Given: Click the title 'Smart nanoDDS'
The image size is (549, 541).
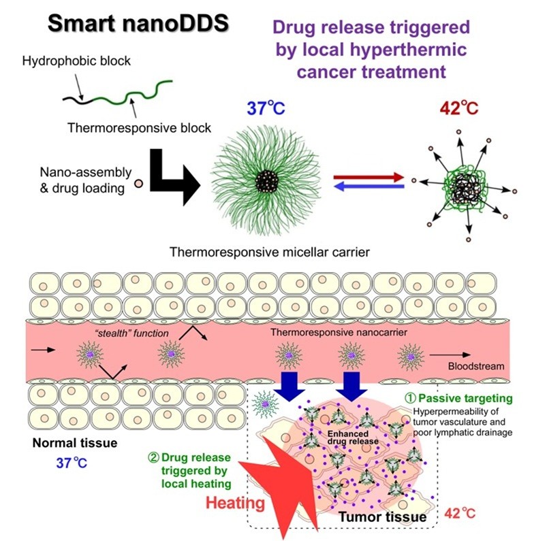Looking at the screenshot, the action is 138,23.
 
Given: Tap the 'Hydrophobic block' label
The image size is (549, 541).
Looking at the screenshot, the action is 76,61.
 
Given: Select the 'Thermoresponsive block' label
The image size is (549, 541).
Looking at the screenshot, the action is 140,128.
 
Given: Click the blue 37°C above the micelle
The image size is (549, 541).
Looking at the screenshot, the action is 266,108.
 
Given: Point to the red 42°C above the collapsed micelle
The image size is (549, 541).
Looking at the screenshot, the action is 458,108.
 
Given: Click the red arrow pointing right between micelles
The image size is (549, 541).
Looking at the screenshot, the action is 369,177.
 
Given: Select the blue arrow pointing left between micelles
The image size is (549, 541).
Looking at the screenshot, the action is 369,186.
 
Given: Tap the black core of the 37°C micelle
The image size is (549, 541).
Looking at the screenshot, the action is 266,182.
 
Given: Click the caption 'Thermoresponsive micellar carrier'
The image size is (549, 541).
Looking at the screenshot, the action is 270,252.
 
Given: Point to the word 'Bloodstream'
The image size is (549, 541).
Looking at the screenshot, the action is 476,366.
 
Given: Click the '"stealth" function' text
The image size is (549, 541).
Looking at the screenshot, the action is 131,333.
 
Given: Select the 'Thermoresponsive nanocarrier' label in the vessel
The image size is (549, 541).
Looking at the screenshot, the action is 339,332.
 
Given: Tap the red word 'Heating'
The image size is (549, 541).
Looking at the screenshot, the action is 235,503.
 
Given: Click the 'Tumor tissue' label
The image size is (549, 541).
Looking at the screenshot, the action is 383,517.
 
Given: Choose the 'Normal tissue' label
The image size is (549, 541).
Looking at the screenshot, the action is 75,443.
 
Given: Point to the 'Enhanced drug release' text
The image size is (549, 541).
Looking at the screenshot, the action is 353,438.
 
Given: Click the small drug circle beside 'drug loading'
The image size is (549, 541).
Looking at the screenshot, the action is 139,183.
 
